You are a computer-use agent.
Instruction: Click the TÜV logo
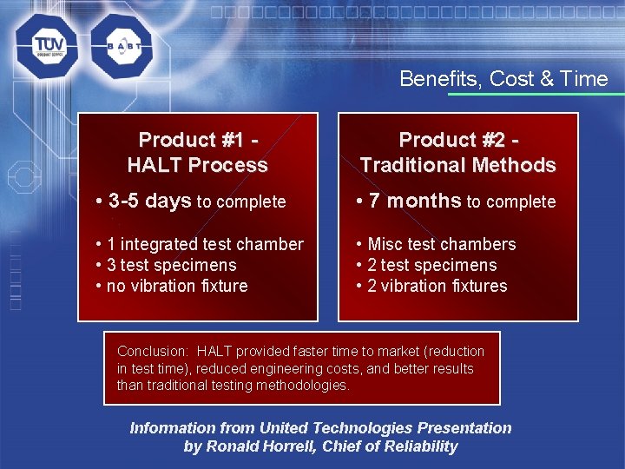pyautogui.click(x=45, y=46)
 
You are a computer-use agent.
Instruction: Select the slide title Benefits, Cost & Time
pyautogui.click(x=503, y=79)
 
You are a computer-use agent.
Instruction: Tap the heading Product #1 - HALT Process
pyautogui.click(x=198, y=152)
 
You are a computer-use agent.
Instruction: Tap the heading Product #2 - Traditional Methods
pyautogui.click(x=457, y=152)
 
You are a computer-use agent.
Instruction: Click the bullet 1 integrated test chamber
pyautogui.click(x=205, y=244)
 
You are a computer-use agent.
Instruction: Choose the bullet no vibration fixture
pyautogui.click(x=176, y=286)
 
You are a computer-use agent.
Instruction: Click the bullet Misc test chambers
pyautogui.click(x=441, y=244)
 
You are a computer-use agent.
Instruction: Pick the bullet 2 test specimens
pyautogui.click(x=432, y=265)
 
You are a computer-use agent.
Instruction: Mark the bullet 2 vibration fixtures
pyautogui.click(x=437, y=286)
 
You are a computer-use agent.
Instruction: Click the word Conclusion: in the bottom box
pyautogui.click(x=153, y=351)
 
